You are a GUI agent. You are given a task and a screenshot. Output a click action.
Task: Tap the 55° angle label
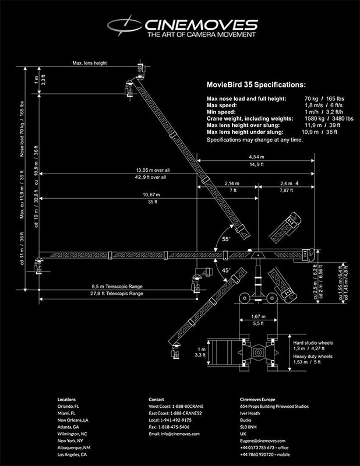(226, 239)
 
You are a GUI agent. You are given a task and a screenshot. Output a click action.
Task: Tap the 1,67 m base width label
(258, 316)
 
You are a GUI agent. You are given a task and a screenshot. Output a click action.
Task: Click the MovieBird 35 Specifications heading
(256, 84)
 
